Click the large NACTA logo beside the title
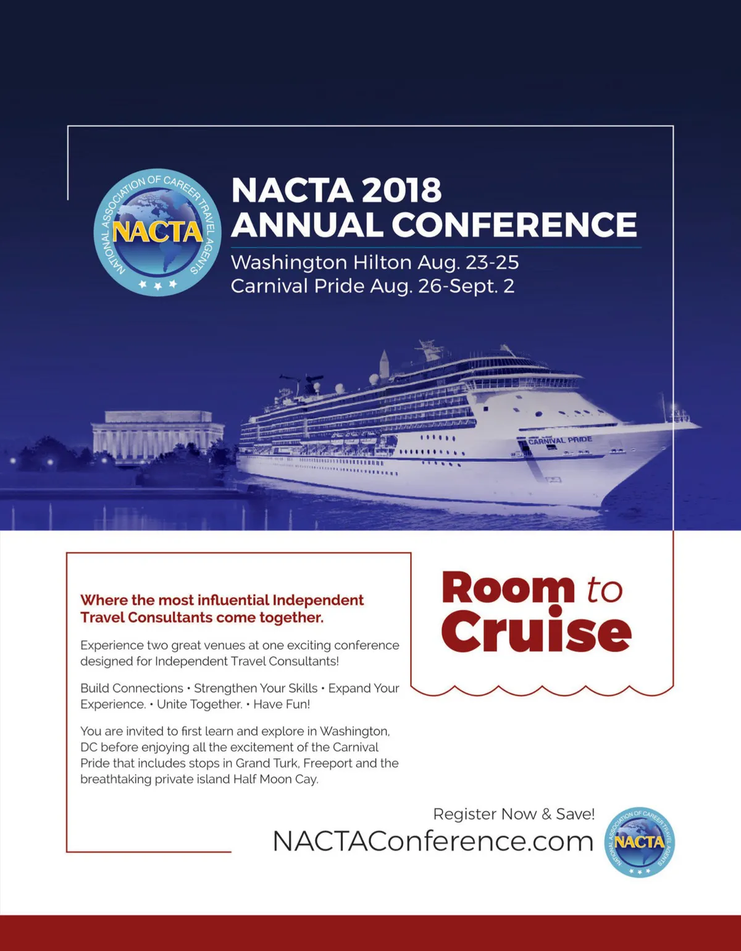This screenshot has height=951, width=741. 157,232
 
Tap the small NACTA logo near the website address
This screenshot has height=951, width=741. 640,842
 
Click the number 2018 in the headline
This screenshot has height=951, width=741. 401,190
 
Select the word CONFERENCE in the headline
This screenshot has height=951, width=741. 514,224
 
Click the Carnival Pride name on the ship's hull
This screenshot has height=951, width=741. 559,440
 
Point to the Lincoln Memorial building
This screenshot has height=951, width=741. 157,435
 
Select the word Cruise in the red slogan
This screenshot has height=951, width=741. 536,631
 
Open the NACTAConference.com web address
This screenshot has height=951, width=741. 433,841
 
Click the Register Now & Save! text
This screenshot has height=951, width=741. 514,814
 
